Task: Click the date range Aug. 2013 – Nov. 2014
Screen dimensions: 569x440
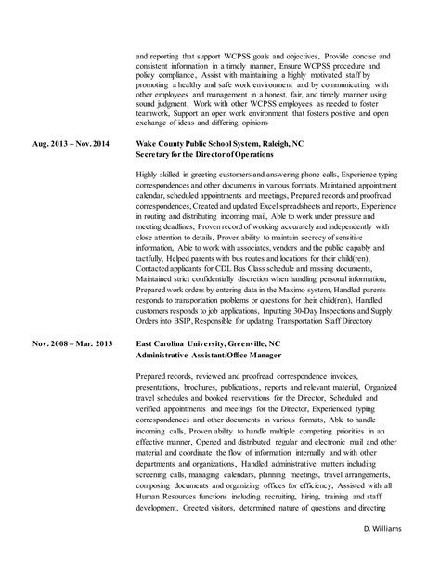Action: click(71, 145)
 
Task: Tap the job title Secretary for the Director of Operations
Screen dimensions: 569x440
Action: click(210, 154)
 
